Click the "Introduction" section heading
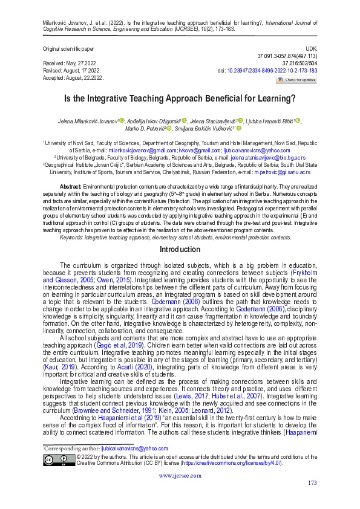tap(180, 250)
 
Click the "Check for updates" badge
tap(296, 80)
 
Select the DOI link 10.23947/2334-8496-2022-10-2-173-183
tap(271, 71)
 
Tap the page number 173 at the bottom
tap(312, 482)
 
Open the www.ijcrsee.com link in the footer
tap(180, 476)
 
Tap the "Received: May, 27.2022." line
tap(71, 63)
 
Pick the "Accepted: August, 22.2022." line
tap(73, 78)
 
